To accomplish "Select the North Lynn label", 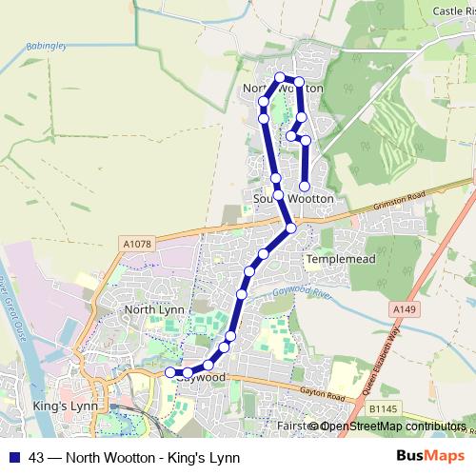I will pyautogui.click(x=153, y=309).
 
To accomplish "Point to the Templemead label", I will pyautogui.click(x=336, y=259).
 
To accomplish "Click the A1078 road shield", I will pyautogui.click(x=137, y=245).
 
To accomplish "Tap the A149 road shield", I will pyautogui.click(x=403, y=309).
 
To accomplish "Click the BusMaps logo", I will pyautogui.click(x=438, y=456).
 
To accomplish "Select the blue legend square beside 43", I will pyautogui.click(x=14, y=457).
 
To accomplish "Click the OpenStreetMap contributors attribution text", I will pyautogui.click(x=393, y=426).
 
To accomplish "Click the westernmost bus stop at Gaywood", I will pyautogui.click(x=169, y=371).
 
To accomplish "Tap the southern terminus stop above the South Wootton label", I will pyautogui.click(x=305, y=186).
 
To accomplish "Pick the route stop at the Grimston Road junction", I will pyautogui.click(x=291, y=228).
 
